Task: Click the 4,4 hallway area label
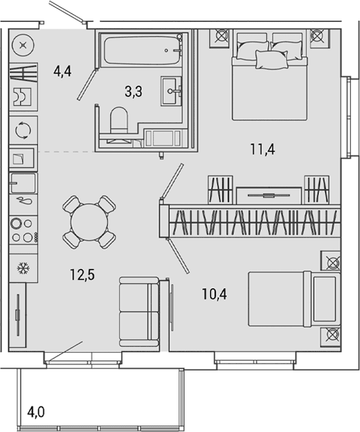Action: pyautogui.click(x=63, y=71)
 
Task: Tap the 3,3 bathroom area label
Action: pyautogui.click(x=133, y=91)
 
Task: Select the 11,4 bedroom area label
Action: pyautogui.click(x=263, y=150)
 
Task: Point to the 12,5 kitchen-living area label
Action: pyautogui.click(x=82, y=274)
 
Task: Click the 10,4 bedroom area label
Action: pyautogui.click(x=214, y=294)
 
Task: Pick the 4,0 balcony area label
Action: pyautogui.click(x=36, y=413)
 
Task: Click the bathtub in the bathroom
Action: pyautogui.click(x=143, y=51)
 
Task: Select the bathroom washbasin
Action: pyautogui.click(x=171, y=91)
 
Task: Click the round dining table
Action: pyautogui.click(x=89, y=222)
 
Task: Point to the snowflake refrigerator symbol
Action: pyautogui.click(x=24, y=268)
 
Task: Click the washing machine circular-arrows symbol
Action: pyautogui.click(x=23, y=130)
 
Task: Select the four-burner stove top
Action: pyautogui.click(x=24, y=230)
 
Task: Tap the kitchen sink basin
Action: pyautogui.click(x=23, y=183)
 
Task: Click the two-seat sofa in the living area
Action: pyautogui.click(x=139, y=312)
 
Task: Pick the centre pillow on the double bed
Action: pyautogui.click(x=272, y=60)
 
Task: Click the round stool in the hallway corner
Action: pyautogui.click(x=24, y=45)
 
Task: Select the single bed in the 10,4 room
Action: pyautogui.click(x=294, y=299)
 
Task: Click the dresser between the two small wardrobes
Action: pyautogui.click(x=269, y=195)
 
